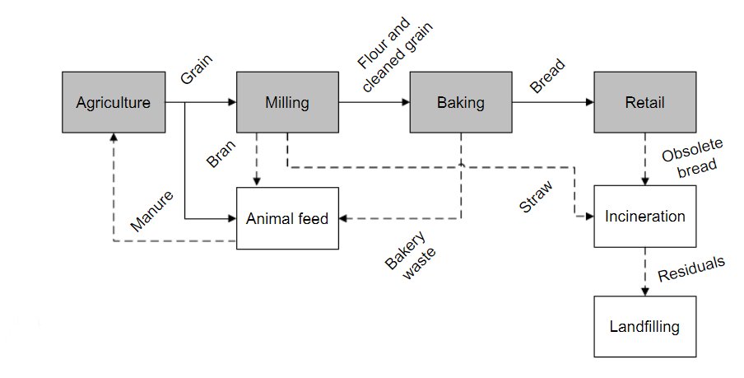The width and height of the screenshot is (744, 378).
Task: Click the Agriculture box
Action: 114,103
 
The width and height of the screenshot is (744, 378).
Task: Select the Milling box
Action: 287,103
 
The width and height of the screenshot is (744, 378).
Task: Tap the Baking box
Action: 460,103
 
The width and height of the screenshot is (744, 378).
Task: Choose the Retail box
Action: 644,103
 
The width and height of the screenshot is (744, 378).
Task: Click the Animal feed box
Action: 287,218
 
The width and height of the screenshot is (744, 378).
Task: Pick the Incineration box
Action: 644,217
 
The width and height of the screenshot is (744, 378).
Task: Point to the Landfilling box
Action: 644,327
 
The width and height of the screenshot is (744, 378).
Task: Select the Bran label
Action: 221,154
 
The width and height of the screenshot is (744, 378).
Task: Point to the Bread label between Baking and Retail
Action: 546,76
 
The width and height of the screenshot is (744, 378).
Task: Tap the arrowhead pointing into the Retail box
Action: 589,103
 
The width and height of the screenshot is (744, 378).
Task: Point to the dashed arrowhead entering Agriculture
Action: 114,138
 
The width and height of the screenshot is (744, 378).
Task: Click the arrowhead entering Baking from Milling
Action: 405,103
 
